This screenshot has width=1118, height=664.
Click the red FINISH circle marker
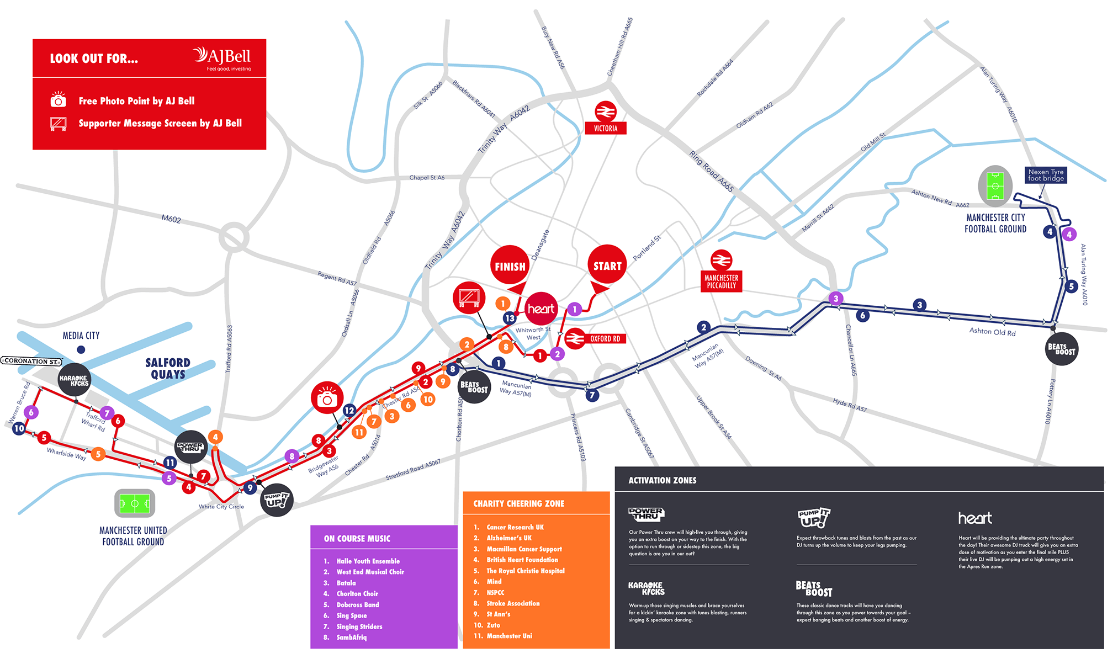coord(510,265)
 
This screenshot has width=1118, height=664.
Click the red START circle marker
coord(607,265)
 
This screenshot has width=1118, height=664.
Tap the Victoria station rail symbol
coord(606,111)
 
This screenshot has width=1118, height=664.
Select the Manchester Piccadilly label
coord(721,281)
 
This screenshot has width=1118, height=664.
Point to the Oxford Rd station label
coord(605,339)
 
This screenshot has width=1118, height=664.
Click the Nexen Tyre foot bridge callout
coord(1046,175)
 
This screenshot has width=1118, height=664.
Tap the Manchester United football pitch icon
coord(135,503)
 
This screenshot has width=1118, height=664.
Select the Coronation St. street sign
coord(31,361)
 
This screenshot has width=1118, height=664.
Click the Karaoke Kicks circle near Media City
coord(75,380)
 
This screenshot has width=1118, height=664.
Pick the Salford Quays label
coord(168,368)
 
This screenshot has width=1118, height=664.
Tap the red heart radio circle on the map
coord(541,309)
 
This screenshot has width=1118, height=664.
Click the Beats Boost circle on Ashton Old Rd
coord(1061,349)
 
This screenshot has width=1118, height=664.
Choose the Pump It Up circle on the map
coord(276,500)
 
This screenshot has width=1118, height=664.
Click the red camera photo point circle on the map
coord(327,397)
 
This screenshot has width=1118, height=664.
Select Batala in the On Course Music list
coord(346,583)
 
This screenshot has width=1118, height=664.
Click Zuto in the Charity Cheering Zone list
coord(493,625)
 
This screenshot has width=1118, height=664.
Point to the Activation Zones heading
coord(662,480)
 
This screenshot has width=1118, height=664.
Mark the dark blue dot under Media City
coord(81,349)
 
